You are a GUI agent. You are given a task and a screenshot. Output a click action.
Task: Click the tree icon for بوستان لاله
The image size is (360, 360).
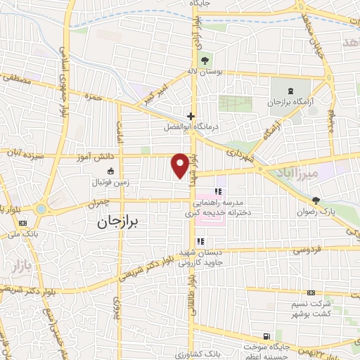[205, 59]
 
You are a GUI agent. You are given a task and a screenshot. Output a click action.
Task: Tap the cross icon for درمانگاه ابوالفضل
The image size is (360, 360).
[191, 115]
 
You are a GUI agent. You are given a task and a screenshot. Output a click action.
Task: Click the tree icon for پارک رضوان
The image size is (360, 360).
[316, 200]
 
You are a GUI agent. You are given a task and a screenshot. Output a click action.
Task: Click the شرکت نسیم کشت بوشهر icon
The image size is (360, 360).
[311, 292]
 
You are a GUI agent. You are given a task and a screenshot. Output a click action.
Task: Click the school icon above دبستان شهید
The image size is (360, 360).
[201, 241]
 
